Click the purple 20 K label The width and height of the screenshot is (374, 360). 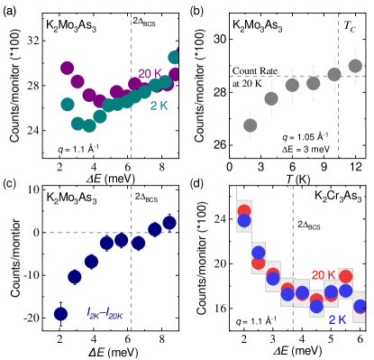(150, 73)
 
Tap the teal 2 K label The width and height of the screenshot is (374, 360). (159, 106)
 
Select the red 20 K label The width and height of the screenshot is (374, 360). (324, 274)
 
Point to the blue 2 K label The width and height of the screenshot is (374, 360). (338, 319)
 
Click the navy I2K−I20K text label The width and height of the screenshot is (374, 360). (105, 312)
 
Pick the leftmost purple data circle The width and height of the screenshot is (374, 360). (68, 68)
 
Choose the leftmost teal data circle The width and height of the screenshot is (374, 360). (68, 105)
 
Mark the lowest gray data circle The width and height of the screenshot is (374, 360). (251, 125)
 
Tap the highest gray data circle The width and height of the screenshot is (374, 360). (355, 66)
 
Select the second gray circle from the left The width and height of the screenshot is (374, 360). (271, 98)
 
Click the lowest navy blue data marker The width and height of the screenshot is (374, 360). (60, 313)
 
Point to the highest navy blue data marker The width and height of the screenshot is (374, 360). (169, 222)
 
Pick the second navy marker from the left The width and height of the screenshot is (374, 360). (75, 277)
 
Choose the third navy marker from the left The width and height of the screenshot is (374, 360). (91, 262)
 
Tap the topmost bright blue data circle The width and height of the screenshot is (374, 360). (244, 221)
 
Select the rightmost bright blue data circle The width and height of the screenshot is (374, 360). (360, 306)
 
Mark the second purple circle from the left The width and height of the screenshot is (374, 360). (78, 82)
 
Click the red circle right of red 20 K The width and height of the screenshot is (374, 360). (345, 276)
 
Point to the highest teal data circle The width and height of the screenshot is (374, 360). (175, 57)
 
